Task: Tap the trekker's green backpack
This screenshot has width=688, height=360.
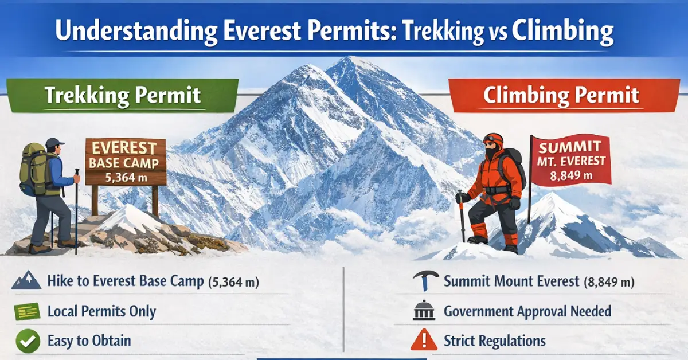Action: (x=32, y=170)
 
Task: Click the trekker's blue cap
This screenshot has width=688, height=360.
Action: (x=54, y=143)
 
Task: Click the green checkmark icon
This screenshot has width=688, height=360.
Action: (x=26, y=341)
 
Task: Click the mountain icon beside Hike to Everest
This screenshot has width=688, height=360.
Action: (x=26, y=281)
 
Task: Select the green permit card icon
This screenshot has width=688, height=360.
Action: (x=26, y=311)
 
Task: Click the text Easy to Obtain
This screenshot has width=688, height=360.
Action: (x=89, y=341)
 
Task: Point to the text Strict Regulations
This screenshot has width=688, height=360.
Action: (x=495, y=341)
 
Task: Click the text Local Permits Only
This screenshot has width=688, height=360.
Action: (x=101, y=311)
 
